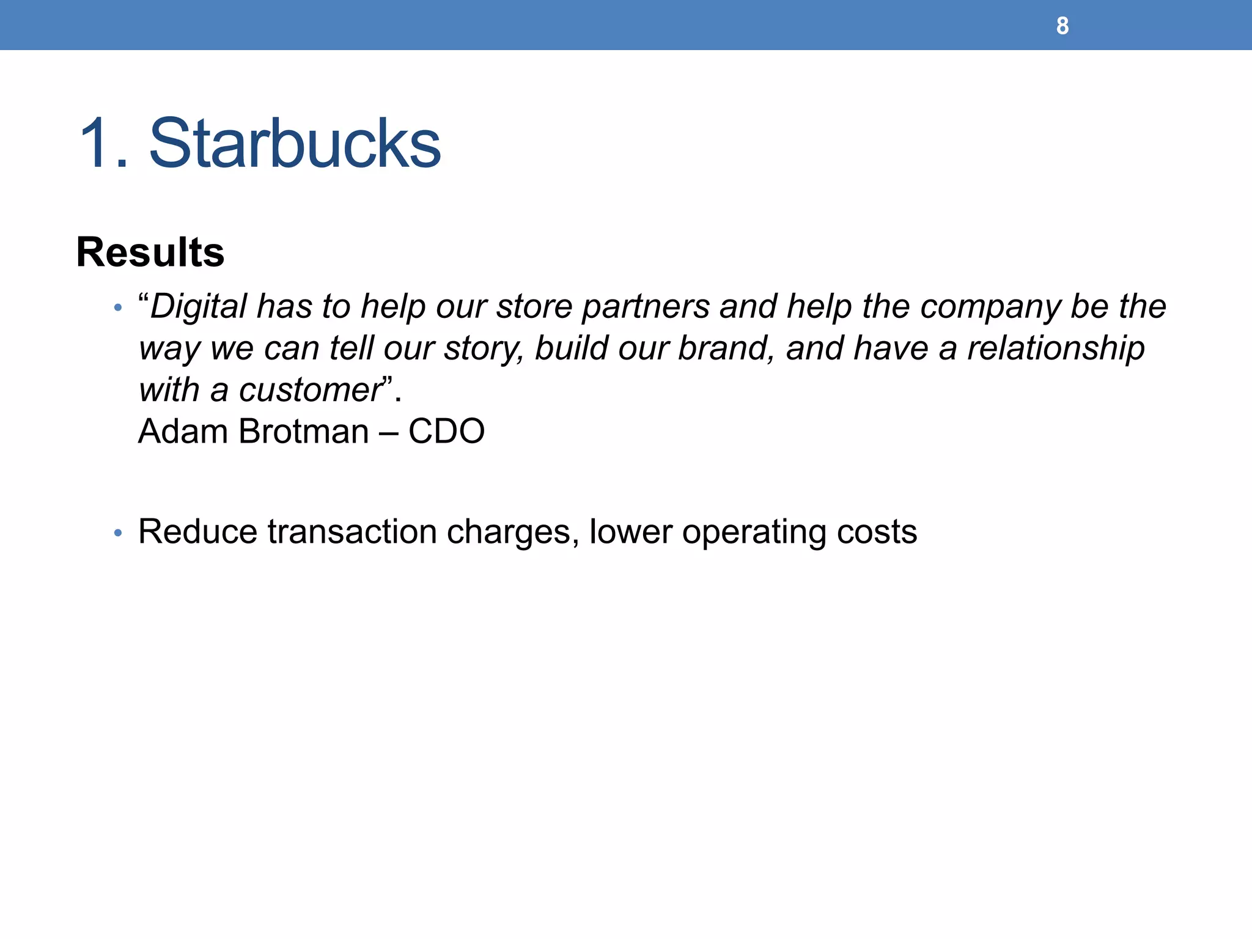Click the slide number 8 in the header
(1062, 26)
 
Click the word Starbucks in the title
(295, 144)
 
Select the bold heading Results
(150, 252)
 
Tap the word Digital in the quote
(199, 306)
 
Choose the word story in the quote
(483, 349)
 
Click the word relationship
(1056, 349)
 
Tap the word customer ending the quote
(311, 390)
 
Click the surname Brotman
(304, 432)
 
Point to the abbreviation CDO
(446, 432)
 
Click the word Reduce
(197, 531)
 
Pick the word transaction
(352, 531)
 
